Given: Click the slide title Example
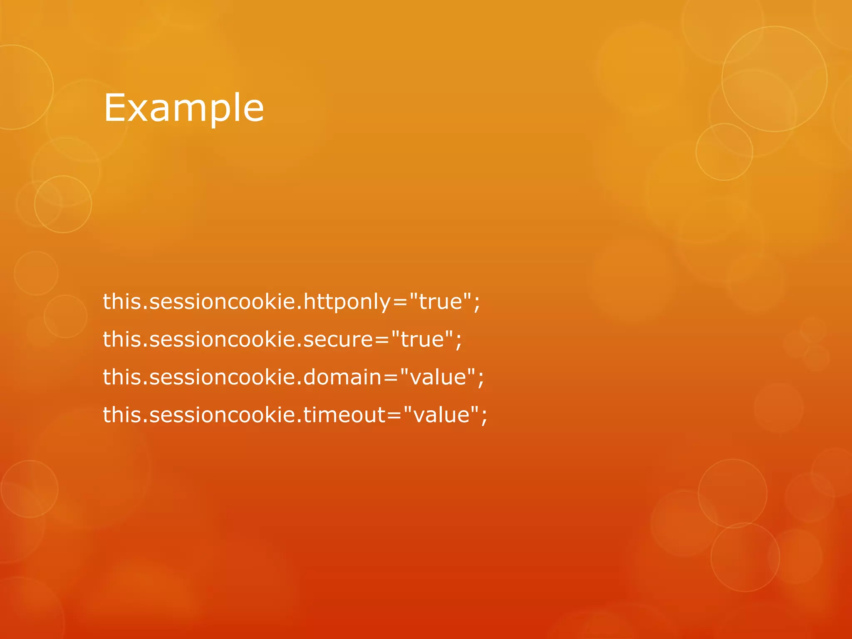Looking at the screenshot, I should [183, 108].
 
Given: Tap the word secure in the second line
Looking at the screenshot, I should [338, 339].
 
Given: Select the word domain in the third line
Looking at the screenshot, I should [342, 377].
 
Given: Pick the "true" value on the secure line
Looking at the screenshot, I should [422, 339].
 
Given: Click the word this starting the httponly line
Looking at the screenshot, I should [122, 302].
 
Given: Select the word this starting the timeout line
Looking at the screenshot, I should [122, 415].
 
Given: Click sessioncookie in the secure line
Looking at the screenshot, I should [222, 339].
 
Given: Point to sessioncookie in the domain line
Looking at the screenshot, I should [222, 377].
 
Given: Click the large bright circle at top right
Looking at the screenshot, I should [774, 79].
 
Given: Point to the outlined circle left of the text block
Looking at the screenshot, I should [63, 204].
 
